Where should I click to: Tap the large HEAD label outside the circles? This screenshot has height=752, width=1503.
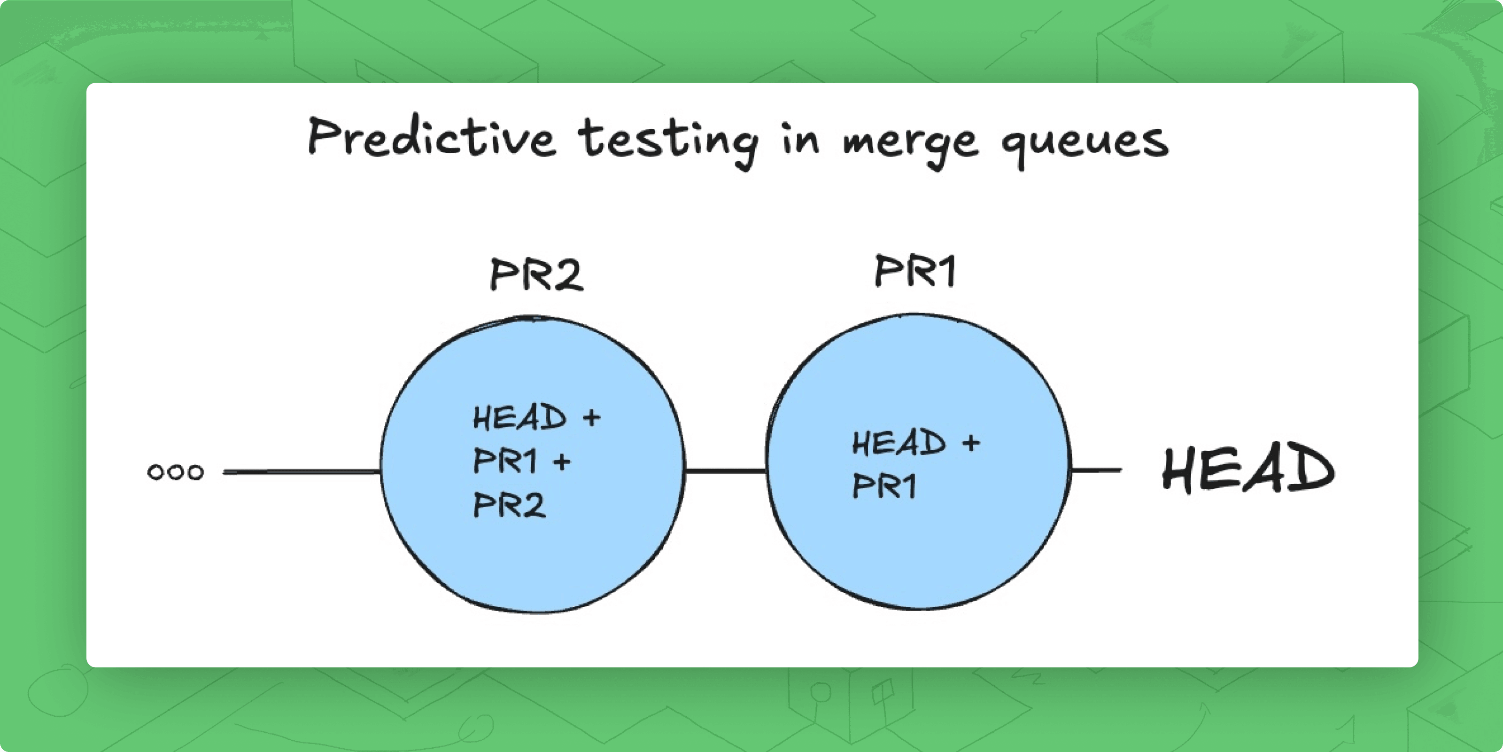(1248, 469)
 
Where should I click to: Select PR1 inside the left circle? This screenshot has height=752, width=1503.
(505, 461)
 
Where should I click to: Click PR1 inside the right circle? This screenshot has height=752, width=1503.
(884, 486)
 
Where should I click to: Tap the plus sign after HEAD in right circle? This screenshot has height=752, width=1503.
(971, 443)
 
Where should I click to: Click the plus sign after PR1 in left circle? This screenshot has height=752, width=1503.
(562, 462)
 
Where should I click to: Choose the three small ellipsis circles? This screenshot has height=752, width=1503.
(176, 472)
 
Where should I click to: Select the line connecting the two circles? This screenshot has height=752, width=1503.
(726, 470)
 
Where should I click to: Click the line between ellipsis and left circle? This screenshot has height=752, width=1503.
(302, 471)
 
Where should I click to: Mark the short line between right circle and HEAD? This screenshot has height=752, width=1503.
(1096, 470)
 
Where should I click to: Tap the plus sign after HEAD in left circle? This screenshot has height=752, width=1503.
(591, 417)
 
